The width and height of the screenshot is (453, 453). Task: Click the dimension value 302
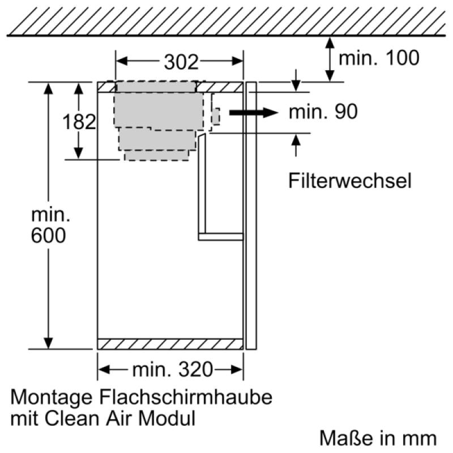pos(181,62)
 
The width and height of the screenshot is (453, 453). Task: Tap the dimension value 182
pos(79,122)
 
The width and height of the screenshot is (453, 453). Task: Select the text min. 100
pos(379,58)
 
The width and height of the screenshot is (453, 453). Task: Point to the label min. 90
pos(323,112)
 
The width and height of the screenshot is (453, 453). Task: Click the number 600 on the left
pos(48,236)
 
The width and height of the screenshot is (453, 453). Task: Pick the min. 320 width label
pos(173,370)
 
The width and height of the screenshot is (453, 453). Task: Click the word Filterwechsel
pos(350,181)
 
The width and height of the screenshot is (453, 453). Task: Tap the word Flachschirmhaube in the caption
pos(186,397)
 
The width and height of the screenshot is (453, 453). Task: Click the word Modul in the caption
pos(167,418)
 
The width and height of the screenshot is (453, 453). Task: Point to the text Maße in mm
pos(378,438)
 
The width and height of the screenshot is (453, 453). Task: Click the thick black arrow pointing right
pos(253,112)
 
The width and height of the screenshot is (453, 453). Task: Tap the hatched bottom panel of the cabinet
pos(170,344)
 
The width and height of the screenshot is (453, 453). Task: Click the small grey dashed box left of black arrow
pos(216,117)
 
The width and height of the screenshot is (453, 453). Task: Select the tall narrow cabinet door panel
pos(251,216)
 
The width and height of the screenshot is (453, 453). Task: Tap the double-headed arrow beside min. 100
pos(330,59)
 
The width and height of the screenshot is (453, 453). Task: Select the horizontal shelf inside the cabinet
pos(221,237)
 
